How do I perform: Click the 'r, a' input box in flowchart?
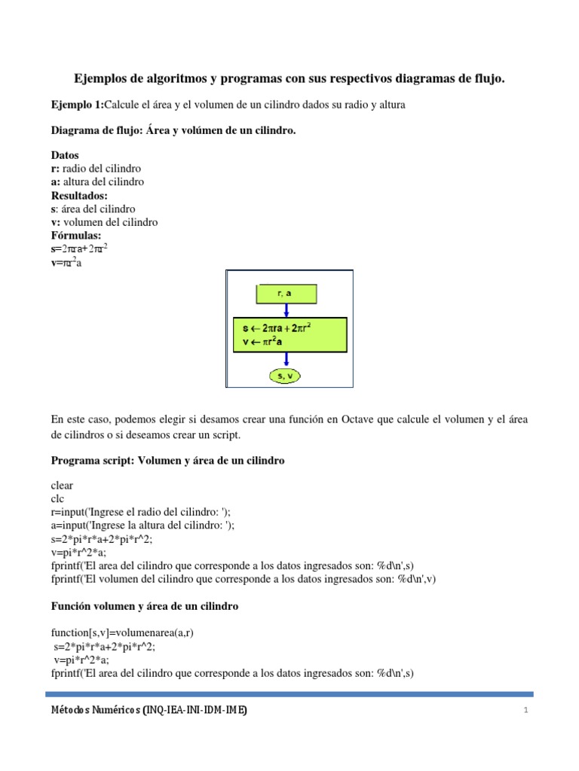[x=286, y=294]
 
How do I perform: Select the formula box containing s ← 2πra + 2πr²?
[x=289, y=334]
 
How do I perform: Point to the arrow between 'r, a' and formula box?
[x=286, y=310]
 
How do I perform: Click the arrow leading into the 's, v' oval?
[x=286, y=358]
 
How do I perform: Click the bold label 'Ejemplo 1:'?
[x=76, y=105]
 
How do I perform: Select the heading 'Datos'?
[x=65, y=156]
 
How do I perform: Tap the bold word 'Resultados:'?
[x=79, y=195]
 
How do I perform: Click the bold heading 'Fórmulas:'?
[x=75, y=236]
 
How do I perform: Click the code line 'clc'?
[x=57, y=499]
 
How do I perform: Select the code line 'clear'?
[x=62, y=486]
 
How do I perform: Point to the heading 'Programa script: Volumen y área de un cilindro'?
[x=167, y=460]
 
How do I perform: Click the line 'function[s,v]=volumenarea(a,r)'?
[x=127, y=632]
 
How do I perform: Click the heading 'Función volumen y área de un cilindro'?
[x=145, y=606]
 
